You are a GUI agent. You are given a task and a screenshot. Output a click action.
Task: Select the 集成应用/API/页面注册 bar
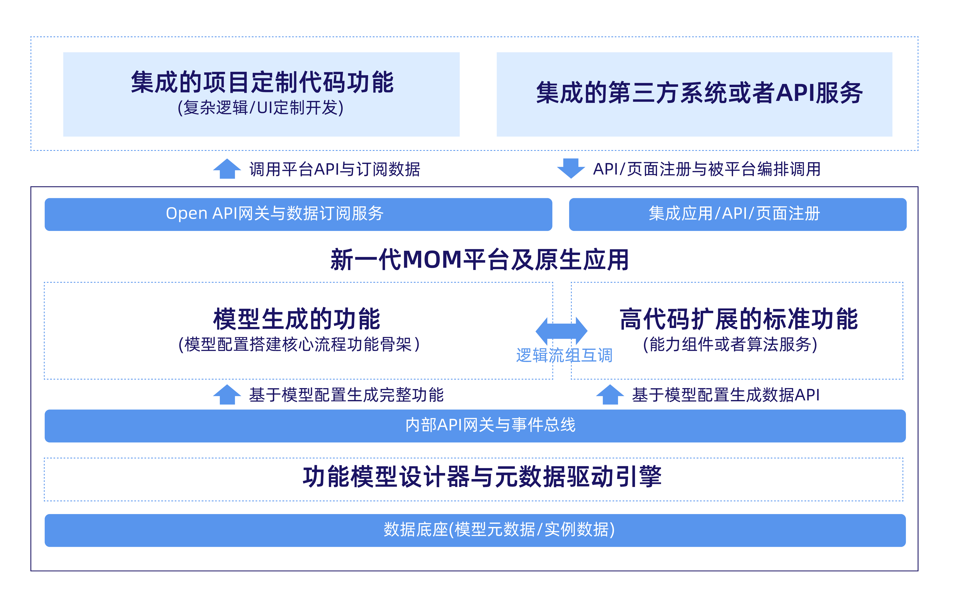737,214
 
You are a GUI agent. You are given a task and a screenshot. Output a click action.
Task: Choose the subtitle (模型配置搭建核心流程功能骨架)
299,344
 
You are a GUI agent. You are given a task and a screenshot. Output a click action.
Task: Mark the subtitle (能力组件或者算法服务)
730,344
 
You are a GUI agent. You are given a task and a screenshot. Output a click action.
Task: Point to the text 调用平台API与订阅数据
335,169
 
